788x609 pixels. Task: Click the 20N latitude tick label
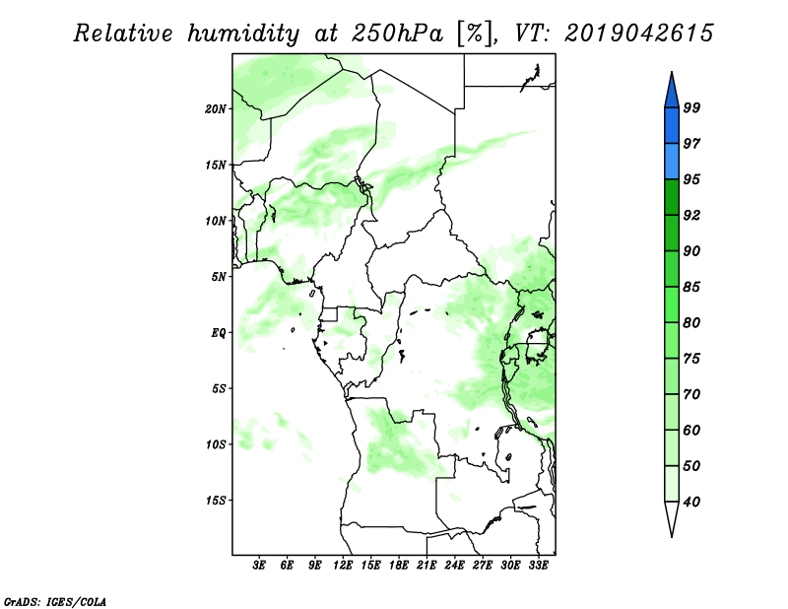click(216, 109)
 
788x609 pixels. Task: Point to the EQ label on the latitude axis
click(218, 333)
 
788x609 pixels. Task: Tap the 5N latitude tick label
click(219, 277)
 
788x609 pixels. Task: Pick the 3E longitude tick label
click(259, 566)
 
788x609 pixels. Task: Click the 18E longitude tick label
click(399, 566)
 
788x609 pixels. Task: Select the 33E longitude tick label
click(538, 566)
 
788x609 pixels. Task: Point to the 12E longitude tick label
click(343, 566)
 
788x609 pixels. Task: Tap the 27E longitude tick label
click(483, 566)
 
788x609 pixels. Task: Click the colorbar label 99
click(691, 107)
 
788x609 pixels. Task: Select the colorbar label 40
click(691, 502)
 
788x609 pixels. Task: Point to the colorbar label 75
click(691, 359)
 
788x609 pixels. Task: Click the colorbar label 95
click(691, 179)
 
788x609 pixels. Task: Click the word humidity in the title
click(243, 34)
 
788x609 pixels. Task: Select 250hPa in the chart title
click(397, 34)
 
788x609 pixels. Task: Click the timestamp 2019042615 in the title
click(638, 34)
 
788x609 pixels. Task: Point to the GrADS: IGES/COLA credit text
click(55, 601)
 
